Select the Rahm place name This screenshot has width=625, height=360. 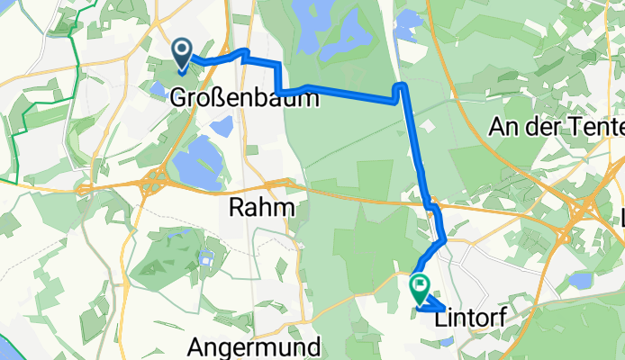[262, 208]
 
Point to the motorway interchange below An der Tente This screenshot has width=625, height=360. [585, 212]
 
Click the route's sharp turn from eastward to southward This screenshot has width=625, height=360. [402, 85]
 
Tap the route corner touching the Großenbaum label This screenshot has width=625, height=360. [281, 92]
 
